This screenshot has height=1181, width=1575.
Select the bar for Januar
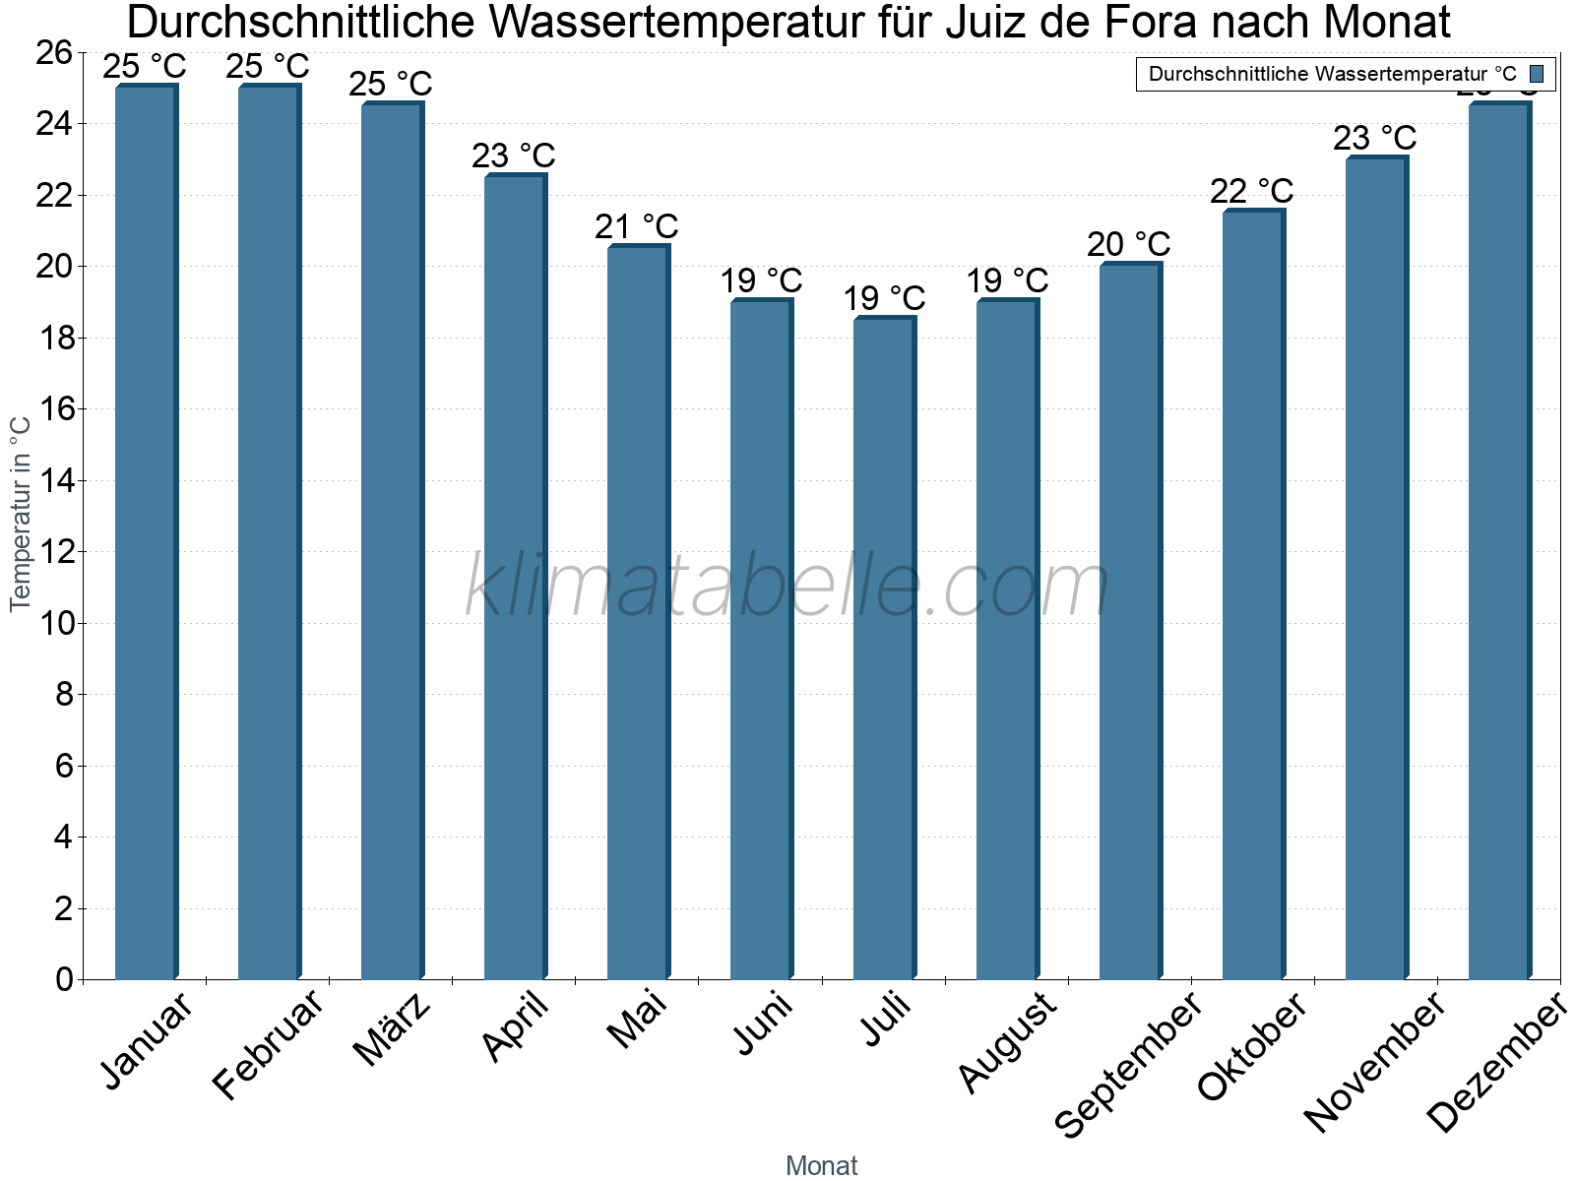point(146,531)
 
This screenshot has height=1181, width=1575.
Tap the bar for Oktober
point(1253,594)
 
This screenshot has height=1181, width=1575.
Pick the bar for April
point(515,577)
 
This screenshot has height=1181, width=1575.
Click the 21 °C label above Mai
point(636,227)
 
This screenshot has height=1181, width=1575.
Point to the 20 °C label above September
point(1128,244)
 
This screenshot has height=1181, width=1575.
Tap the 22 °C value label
point(1251,191)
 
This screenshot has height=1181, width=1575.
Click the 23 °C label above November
point(1374,138)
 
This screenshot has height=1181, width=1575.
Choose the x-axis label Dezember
point(1496,1063)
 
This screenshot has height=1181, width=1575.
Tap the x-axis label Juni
point(764,1024)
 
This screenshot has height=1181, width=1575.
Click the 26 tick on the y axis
point(55,53)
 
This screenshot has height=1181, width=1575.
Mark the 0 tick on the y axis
point(65,979)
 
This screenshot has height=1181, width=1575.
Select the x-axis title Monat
point(822,1165)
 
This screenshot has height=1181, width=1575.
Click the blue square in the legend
point(1537,74)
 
